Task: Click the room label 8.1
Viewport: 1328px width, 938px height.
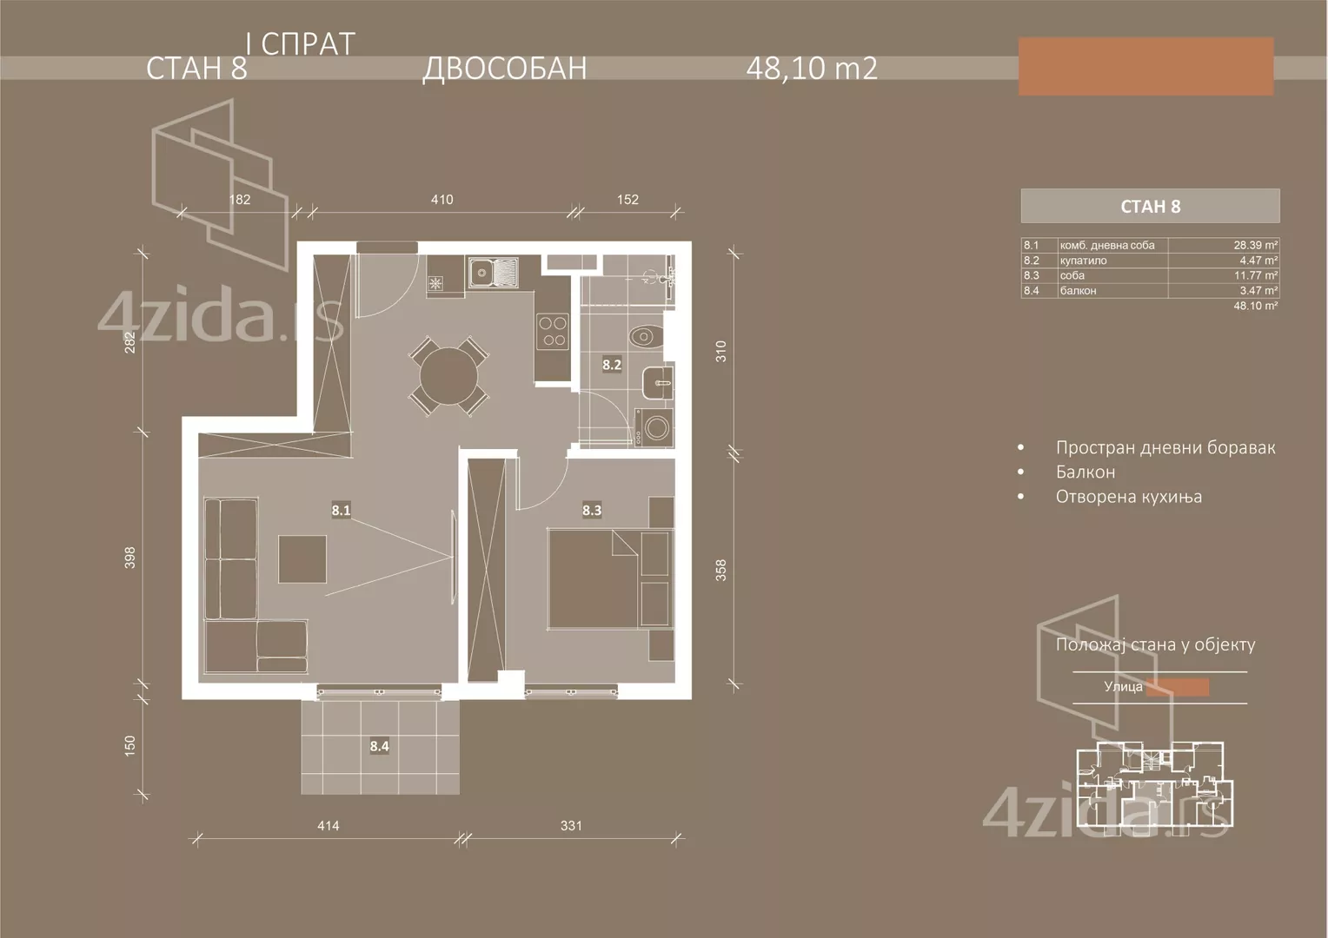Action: (x=341, y=510)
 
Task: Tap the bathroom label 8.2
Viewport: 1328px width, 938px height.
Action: (x=612, y=365)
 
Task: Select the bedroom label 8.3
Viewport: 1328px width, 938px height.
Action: (x=592, y=510)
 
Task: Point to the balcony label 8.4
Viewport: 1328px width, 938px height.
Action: (x=379, y=745)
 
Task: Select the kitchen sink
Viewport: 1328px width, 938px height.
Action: (x=492, y=273)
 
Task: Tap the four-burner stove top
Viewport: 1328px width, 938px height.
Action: (x=553, y=330)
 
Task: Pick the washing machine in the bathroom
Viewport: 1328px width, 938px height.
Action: (x=656, y=427)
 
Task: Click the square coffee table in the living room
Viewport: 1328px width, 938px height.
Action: (x=302, y=559)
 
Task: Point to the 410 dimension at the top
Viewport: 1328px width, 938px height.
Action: (x=442, y=200)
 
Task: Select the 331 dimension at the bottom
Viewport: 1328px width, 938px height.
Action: (x=571, y=826)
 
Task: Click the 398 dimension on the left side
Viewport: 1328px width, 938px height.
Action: (x=130, y=557)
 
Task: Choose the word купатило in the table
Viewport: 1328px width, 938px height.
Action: (x=1083, y=261)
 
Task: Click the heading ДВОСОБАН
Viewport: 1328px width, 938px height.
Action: (x=504, y=69)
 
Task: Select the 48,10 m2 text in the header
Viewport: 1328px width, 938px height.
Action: (x=811, y=69)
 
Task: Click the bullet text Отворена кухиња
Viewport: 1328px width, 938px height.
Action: (x=1128, y=497)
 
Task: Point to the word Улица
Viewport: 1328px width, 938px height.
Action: (x=1123, y=686)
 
